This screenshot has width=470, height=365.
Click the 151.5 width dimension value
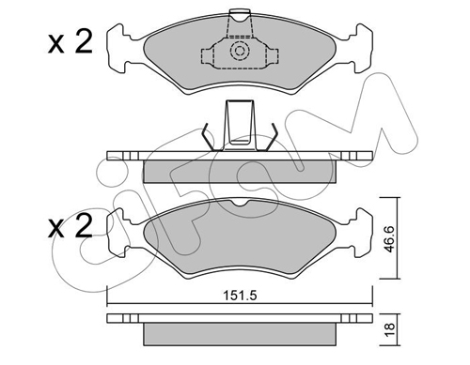click(240, 296)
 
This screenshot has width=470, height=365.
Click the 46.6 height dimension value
click(389, 239)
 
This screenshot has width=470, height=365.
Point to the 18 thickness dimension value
click(389, 329)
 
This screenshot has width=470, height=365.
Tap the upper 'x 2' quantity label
click(70, 43)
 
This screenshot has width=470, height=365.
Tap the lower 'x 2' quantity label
click(70, 226)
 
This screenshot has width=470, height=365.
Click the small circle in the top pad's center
click(240, 51)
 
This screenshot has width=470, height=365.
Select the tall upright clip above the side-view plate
click(240, 125)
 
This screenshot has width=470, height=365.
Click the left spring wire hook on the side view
click(209, 137)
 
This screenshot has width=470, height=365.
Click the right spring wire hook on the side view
click(271, 137)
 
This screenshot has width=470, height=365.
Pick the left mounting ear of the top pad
click(118, 49)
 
